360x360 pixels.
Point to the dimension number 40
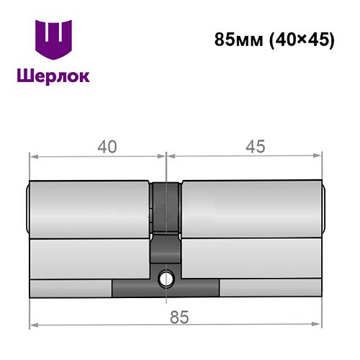[x=107, y=146]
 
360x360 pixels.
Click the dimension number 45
[x=251, y=146]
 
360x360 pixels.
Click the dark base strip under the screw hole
[x=166, y=288]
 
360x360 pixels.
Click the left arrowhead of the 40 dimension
[x=32, y=156]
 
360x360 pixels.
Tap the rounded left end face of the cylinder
[x=29, y=209]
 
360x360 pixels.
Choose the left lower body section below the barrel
[x=90, y=259]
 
